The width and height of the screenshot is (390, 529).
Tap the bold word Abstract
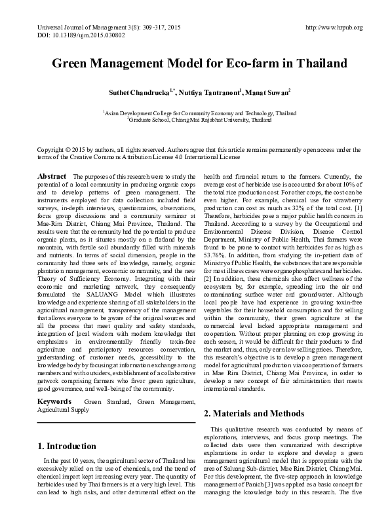tap(52, 177)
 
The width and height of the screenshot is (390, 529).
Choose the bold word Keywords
tap(54, 399)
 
